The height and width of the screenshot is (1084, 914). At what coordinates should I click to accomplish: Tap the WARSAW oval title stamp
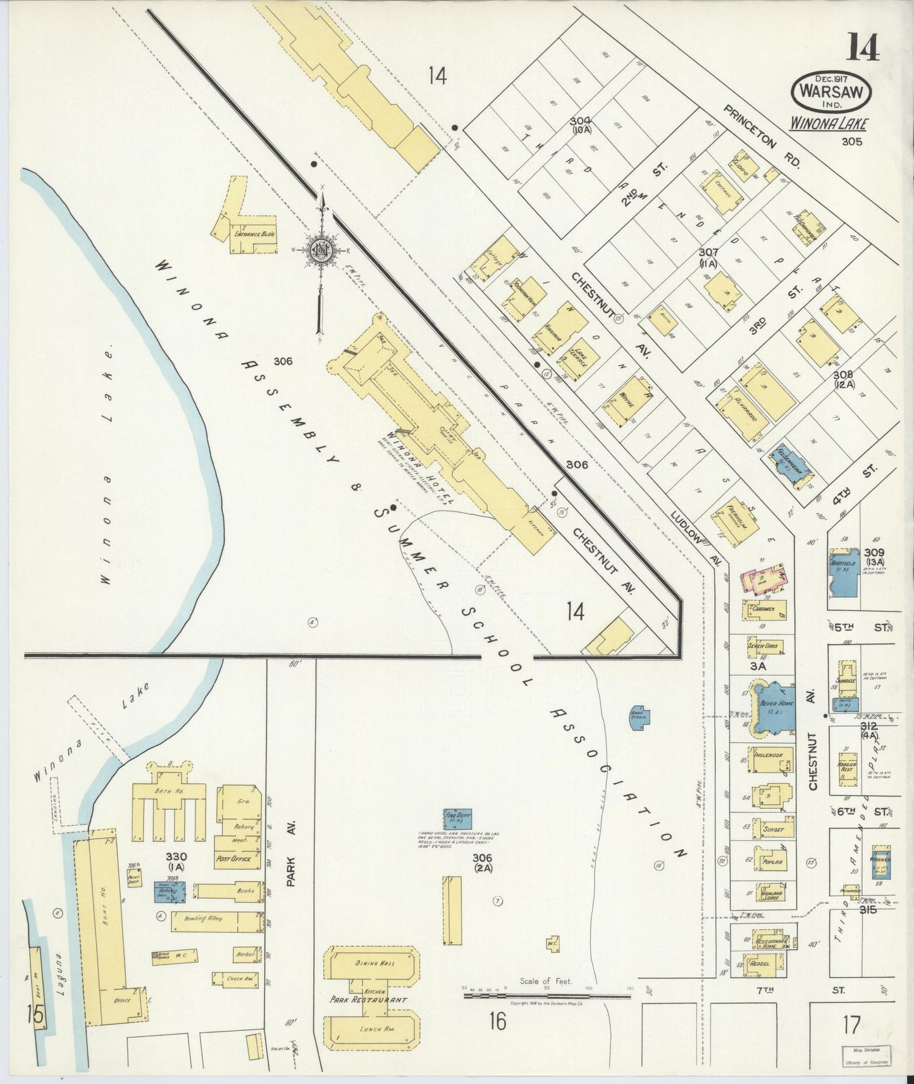pyautogui.click(x=831, y=90)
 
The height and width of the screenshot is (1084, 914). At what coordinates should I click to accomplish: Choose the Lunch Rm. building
pyautogui.click(x=371, y=1047)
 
